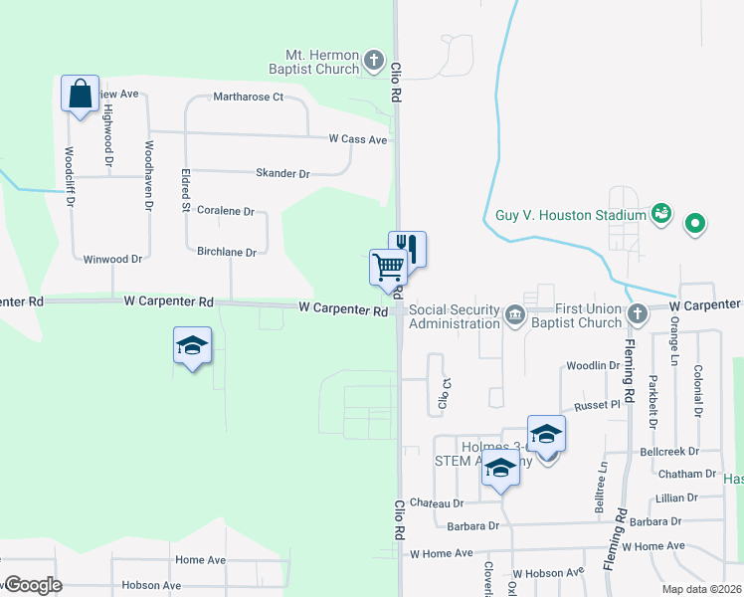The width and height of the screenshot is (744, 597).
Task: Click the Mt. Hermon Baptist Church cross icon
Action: coord(374,61)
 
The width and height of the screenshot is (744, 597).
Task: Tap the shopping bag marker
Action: coord(80,95)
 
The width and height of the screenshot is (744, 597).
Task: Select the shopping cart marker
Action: coord(388,267)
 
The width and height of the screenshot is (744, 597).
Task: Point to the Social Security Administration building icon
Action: coord(515,315)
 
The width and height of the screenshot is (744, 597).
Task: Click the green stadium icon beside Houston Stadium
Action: coord(660,214)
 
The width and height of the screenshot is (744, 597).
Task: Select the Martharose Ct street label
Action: coord(249,98)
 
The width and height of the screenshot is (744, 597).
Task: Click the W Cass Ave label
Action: coord(358,140)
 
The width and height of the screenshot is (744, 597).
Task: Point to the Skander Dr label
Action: coord(283,173)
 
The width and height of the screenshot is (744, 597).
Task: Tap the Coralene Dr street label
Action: coord(226,212)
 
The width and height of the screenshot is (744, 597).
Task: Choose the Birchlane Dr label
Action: coord(227,253)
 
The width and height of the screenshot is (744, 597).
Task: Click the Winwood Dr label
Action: coord(112,259)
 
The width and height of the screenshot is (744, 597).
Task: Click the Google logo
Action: coord(32,585)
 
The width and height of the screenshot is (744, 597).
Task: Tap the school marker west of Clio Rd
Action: coord(193,347)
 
